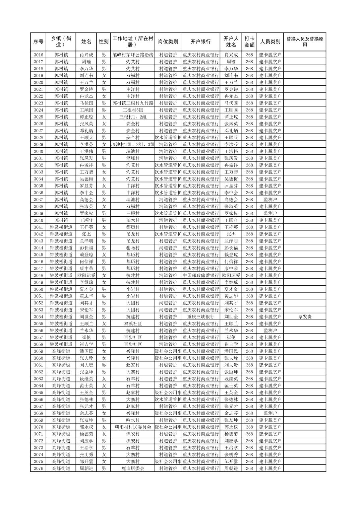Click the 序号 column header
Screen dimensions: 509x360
[x=39, y=42]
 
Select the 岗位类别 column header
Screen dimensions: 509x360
[x=168, y=42]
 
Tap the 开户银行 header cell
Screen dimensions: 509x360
[x=200, y=42]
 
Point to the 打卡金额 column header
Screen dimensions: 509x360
[x=249, y=42]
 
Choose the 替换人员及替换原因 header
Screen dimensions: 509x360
[x=304, y=42]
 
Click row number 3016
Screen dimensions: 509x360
[x=39, y=55]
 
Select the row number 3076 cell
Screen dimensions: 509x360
[x=39, y=468]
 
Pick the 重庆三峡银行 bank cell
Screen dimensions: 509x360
[x=200, y=317]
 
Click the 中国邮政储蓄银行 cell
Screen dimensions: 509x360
[x=200, y=276]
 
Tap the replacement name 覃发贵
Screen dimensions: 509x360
[x=304, y=317]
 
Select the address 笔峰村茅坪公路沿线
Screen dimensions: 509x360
[x=133, y=55]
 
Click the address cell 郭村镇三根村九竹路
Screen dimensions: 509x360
[x=133, y=103]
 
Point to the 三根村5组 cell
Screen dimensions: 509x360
[x=133, y=110]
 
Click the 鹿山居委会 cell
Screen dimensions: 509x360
[x=133, y=468]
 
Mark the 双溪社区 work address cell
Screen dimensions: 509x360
[x=133, y=324]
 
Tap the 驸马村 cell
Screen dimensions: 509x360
[x=133, y=248]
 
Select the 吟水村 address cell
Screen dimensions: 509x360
[x=133, y=420]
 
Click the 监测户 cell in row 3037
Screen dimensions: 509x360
[x=270, y=200]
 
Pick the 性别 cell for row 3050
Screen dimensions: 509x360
[x=104, y=289]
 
